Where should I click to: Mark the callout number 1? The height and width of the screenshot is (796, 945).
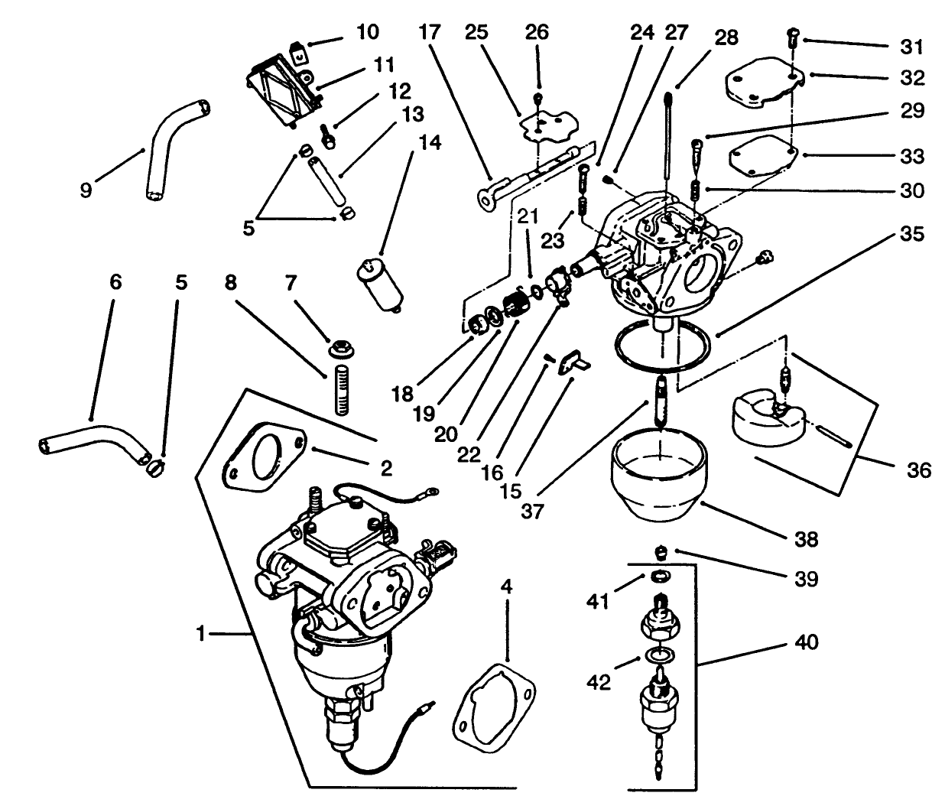(200, 633)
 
